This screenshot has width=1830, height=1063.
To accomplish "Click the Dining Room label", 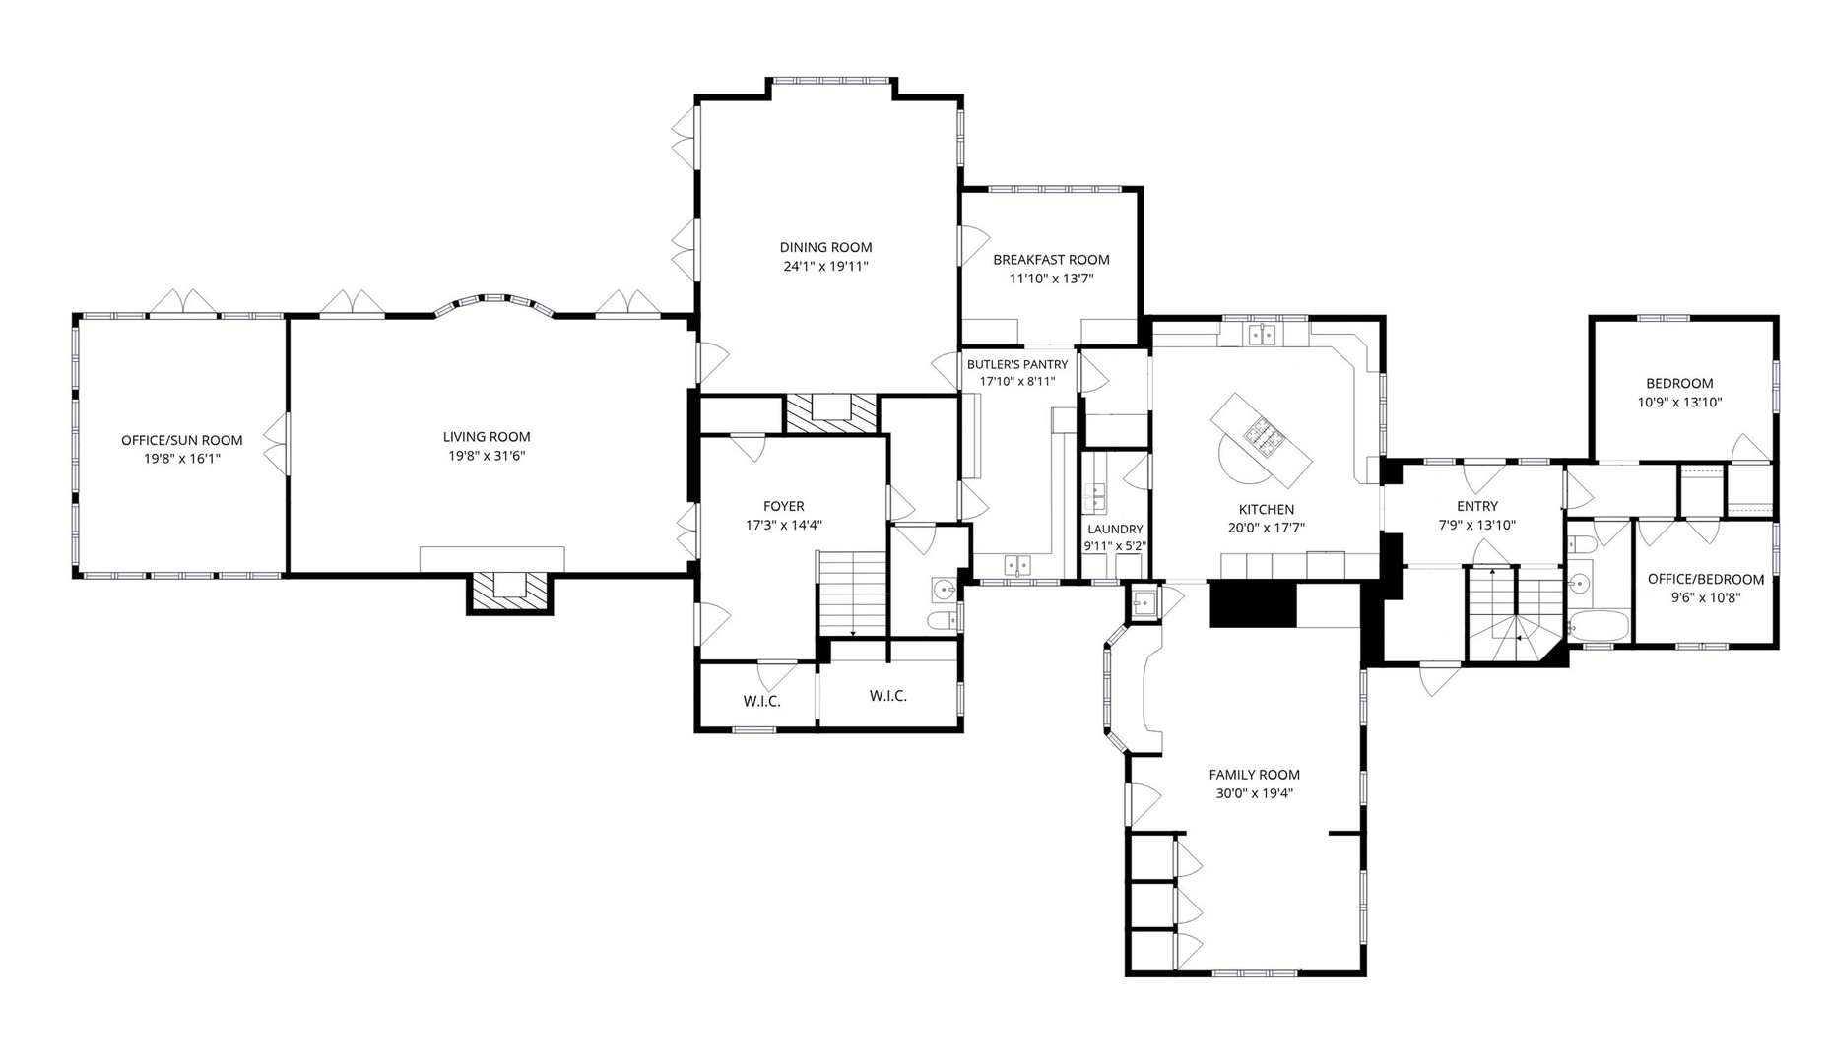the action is pyautogui.click(x=825, y=247).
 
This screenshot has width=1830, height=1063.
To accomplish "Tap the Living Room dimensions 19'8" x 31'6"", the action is pyautogui.click(x=487, y=456).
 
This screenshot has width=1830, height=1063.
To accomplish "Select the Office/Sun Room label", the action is pyautogui.click(x=181, y=440).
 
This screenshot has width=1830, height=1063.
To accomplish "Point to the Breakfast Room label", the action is pyautogui.click(x=1051, y=260).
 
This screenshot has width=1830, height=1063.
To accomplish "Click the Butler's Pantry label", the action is pyautogui.click(x=1017, y=364).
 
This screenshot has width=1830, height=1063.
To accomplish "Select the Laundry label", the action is pyautogui.click(x=1115, y=529).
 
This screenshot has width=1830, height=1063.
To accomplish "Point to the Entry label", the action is pyautogui.click(x=1476, y=506).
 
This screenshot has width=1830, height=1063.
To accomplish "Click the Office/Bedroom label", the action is pyautogui.click(x=1706, y=579).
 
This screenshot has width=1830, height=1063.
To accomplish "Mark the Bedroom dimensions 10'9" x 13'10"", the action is pyautogui.click(x=1679, y=402).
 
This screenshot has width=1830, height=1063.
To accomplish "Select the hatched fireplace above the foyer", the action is pyautogui.click(x=830, y=411).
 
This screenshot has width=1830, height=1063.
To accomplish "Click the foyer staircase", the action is pyautogui.click(x=852, y=594).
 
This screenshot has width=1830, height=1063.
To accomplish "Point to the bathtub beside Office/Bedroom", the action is pyautogui.click(x=1598, y=626).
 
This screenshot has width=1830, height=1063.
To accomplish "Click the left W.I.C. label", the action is pyautogui.click(x=761, y=701).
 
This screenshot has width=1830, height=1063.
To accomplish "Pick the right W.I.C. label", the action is pyautogui.click(x=888, y=696).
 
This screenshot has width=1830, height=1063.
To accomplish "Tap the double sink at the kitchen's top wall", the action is pyautogui.click(x=1262, y=335).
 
